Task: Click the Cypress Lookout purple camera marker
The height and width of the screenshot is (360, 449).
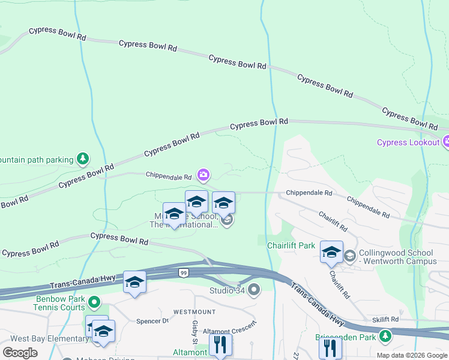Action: (445, 142)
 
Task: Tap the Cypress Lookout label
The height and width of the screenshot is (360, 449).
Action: (408, 142)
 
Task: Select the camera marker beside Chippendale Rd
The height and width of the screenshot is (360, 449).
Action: (203, 175)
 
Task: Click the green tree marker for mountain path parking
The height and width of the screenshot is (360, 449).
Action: (83, 159)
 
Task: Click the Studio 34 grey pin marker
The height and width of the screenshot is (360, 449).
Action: (254, 290)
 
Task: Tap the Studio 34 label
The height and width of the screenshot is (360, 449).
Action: (227, 291)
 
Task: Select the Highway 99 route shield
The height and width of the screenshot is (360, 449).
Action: (182, 273)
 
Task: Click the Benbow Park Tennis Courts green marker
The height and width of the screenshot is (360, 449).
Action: (94, 301)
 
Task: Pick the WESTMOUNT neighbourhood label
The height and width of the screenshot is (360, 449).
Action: (194, 312)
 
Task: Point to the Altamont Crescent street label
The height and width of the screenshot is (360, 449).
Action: (230, 328)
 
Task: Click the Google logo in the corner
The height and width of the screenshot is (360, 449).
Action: (20, 352)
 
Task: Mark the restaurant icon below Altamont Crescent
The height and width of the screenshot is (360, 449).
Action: (220, 345)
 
